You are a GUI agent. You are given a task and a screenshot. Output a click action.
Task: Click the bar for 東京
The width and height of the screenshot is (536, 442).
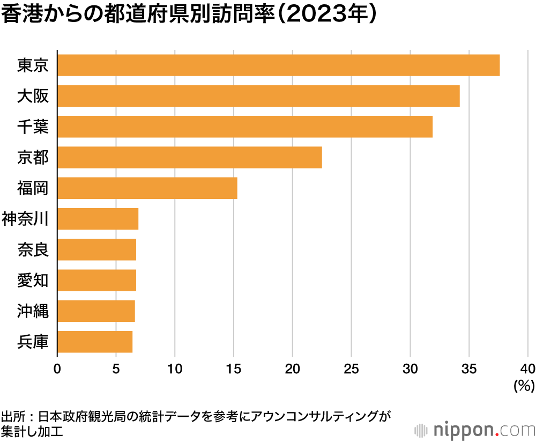[x=278, y=65]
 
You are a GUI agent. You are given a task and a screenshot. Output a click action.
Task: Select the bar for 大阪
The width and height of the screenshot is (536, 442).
[x=258, y=96]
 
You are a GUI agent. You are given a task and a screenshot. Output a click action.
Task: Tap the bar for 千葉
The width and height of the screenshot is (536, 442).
[x=244, y=127]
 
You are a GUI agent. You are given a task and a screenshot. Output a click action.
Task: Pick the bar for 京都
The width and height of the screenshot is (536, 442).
[x=189, y=157]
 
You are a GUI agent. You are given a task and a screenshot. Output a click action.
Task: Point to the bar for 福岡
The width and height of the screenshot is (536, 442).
[x=147, y=188]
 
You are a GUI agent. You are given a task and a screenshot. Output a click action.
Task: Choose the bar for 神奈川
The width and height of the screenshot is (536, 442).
[x=98, y=219]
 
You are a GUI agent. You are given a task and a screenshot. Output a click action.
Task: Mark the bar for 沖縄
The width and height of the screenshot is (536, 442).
[x=96, y=311]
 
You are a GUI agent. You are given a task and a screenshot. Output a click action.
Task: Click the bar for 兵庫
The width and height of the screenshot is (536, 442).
[x=94, y=342]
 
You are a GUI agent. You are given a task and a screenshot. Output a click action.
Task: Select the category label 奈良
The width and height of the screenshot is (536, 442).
[x=33, y=249]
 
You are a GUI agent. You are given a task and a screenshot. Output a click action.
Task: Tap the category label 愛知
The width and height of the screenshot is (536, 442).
[x=33, y=280]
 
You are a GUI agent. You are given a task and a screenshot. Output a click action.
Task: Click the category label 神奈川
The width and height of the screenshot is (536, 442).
[x=26, y=219]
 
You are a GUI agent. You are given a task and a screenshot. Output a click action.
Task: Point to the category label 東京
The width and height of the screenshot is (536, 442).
[x=33, y=65]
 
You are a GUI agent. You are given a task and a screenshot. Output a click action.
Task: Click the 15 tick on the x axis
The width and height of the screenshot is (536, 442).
[x=234, y=369]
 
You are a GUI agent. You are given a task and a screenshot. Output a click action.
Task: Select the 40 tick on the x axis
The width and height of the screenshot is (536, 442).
[x=527, y=369]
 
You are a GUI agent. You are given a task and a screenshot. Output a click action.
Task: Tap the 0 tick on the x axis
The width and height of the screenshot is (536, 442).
[x=57, y=369]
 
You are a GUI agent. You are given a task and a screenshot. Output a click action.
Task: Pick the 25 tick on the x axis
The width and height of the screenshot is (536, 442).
[x=351, y=369]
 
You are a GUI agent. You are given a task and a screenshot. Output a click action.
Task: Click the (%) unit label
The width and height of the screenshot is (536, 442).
[x=523, y=385]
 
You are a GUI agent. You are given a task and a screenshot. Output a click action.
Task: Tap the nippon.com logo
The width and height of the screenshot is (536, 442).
[x=475, y=430]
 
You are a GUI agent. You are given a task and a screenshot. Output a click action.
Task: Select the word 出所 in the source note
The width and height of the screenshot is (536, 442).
[x=13, y=417]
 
